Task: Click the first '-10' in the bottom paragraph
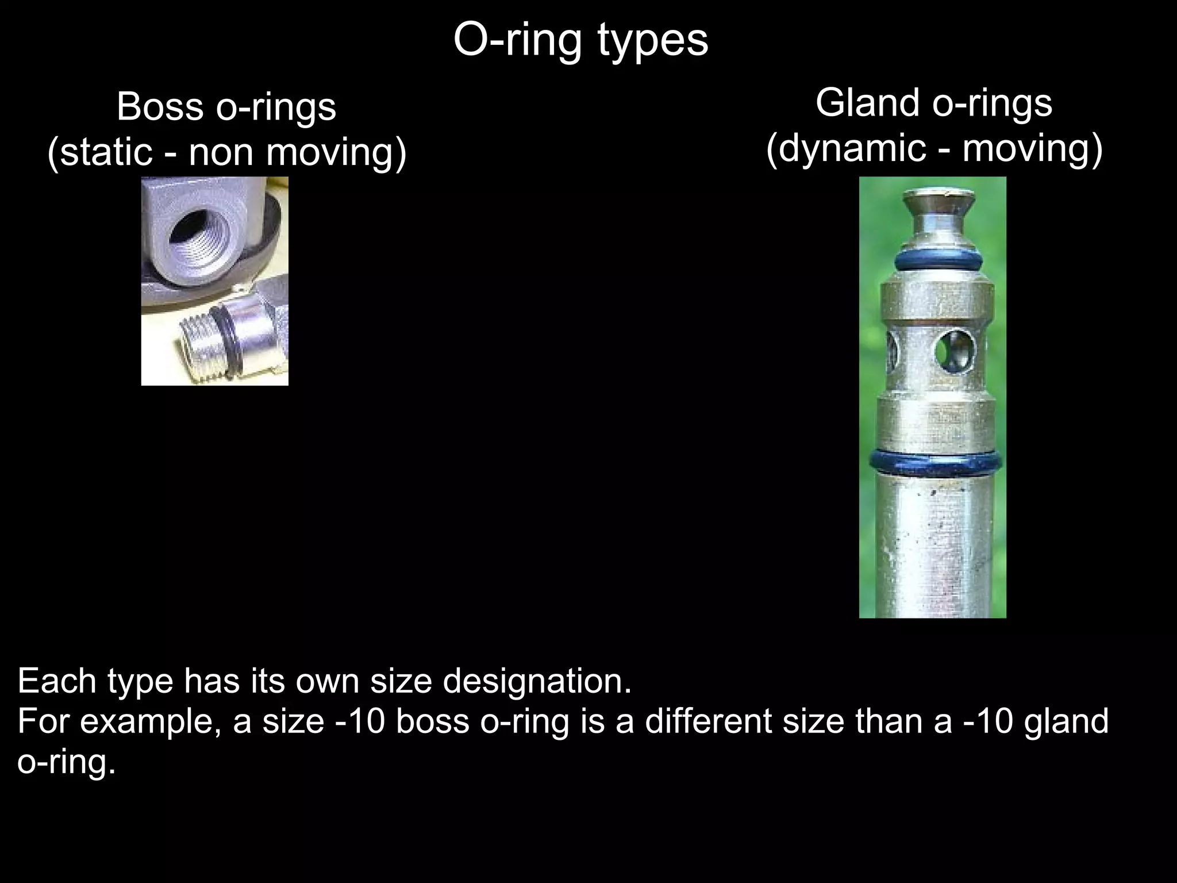click(x=360, y=721)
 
